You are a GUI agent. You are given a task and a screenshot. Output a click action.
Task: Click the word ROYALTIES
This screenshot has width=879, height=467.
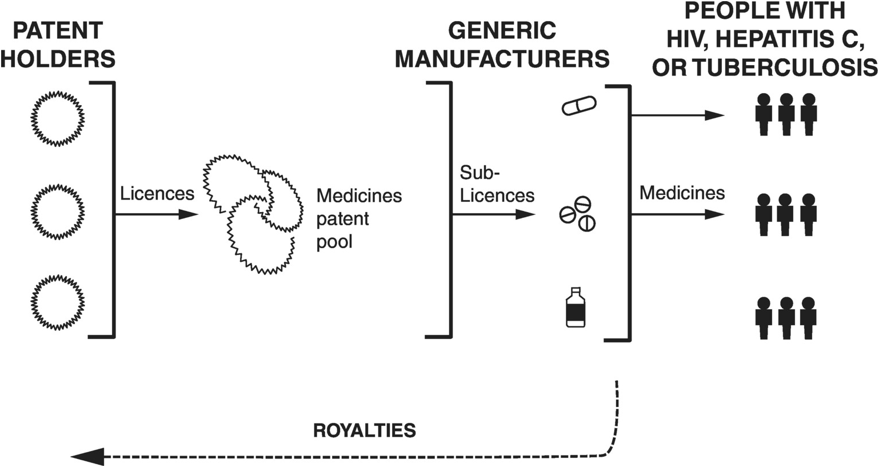[x=364, y=430]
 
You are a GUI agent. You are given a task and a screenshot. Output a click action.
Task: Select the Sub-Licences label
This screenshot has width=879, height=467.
[x=497, y=185]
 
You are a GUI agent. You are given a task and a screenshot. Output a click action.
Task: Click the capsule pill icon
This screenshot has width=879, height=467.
[x=579, y=106]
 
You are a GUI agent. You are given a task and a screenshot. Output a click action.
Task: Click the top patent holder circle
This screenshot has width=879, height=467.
[x=57, y=118]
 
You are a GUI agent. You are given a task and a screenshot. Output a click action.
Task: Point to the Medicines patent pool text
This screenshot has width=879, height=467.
[x=359, y=219]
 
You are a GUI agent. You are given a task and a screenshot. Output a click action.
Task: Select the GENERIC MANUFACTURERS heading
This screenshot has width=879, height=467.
[x=502, y=45]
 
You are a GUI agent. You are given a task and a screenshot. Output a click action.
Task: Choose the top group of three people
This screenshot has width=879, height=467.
[x=786, y=115]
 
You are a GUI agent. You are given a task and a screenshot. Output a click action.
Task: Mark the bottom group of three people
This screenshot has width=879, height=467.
[x=786, y=318]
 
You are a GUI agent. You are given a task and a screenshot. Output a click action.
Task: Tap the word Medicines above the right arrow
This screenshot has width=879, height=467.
[x=682, y=193]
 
